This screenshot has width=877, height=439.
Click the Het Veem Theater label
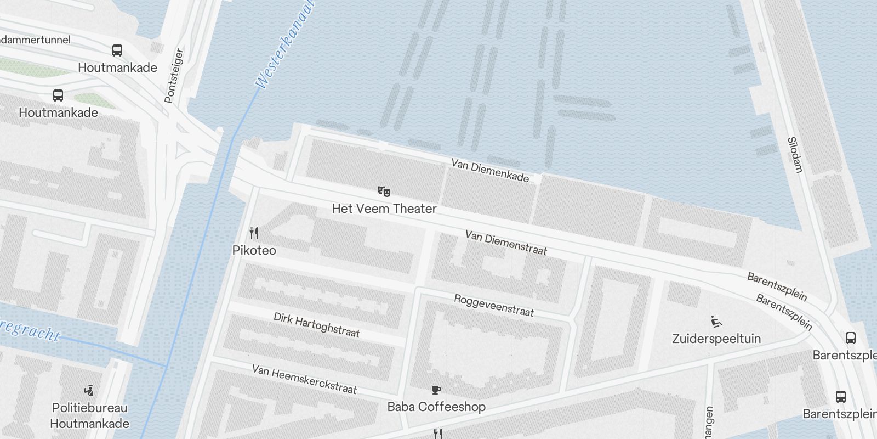pyautogui.click(x=384, y=209)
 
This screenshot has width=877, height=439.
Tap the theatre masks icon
pyautogui.click(x=384, y=192)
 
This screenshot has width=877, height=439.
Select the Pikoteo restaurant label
pyautogui.click(x=254, y=250)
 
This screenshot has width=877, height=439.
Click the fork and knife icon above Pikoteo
pyautogui.click(x=253, y=233)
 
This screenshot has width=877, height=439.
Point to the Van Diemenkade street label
pyautogui.click(x=490, y=171)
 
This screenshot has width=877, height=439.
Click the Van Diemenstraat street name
pyautogui.click(x=506, y=243)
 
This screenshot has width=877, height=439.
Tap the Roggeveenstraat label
pyautogui.click(x=493, y=306)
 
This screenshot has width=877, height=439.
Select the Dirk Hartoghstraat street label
pyautogui.click(x=317, y=325)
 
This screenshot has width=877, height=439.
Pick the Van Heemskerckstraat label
pyautogui.click(x=304, y=379)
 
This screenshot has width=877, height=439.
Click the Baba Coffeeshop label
pyautogui.click(x=436, y=407)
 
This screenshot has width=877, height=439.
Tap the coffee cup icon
pyautogui.click(x=436, y=390)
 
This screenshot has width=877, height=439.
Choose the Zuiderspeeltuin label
pyautogui.click(x=716, y=338)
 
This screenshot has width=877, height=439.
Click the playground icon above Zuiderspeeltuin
pyautogui.click(x=716, y=322)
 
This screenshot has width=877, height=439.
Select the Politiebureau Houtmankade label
pyautogui.click(x=90, y=415)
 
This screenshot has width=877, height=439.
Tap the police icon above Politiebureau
pyautogui.click(x=89, y=391)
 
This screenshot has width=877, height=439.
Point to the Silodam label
pyautogui.click(x=795, y=155)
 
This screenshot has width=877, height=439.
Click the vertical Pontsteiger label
pyautogui.click(x=174, y=76)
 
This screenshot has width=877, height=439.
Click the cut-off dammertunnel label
pyautogui.click(x=35, y=40)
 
